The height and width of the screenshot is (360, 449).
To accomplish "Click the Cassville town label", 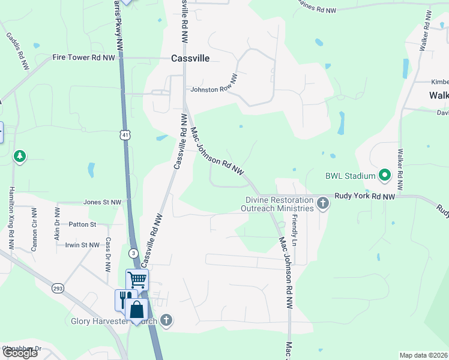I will click(x=190, y=58).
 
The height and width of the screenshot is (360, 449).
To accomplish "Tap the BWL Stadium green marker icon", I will click(x=385, y=176).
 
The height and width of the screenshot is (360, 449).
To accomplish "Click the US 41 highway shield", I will click(x=124, y=136).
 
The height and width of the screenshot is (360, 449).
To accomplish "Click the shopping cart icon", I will click(x=137, y=279).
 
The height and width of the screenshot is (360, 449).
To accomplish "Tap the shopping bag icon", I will click(x=137, y=310).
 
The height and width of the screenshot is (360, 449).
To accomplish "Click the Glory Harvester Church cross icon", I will click(x=167, y=321).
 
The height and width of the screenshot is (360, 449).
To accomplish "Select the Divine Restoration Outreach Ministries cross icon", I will click(x=323, y=202).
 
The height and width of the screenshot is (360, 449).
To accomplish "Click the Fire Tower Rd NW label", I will click(x=83, y=58).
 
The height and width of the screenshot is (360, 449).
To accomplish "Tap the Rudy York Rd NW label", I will click(x=364, y=196).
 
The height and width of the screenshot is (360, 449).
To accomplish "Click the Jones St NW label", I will click(x=102, y=203).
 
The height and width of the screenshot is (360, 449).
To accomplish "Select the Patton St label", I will click(x=82, y=224).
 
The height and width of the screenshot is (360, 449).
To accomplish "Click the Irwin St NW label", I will click(x=82, y=245).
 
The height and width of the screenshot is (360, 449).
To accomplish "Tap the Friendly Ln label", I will click(x=295, y=231).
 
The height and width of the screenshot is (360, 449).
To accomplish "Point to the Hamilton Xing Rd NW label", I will click(x=11, y=217).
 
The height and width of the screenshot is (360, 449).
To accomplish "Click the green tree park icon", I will click(x=20, y=157).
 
